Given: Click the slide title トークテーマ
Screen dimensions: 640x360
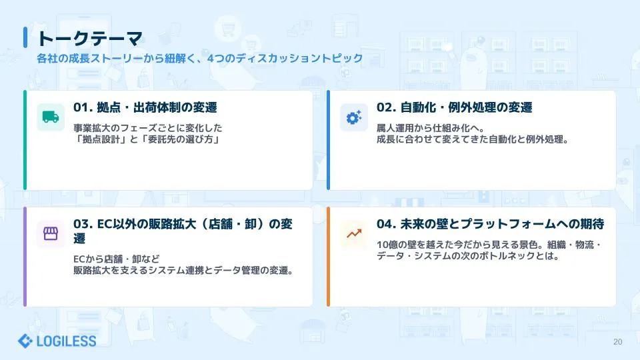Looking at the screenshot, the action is (90, 39).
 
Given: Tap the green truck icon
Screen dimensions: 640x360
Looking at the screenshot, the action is (51, 117).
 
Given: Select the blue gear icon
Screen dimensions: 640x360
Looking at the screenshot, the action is (354, 117).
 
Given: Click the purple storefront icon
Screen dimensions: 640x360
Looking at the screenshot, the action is (51, 233).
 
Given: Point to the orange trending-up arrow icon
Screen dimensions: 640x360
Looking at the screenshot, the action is (354, 233).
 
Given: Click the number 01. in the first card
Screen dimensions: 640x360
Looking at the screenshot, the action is (83, 107).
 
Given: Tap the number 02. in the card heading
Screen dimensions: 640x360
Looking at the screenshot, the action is (386, 107).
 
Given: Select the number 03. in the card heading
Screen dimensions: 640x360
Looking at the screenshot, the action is (83, 224).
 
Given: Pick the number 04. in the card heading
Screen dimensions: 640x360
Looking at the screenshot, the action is (386, 224).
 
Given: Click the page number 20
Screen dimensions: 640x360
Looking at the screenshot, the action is (617, 342).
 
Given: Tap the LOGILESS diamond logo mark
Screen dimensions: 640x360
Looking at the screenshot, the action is (25, 341).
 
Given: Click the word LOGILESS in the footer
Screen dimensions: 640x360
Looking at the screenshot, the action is (66, 341).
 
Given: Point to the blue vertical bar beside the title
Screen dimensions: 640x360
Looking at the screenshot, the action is (25, 37).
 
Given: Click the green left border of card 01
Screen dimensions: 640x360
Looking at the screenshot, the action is (25, 140).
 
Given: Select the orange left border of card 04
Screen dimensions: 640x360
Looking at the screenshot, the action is (328, 257).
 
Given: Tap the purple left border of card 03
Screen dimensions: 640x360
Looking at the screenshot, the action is (25, 257).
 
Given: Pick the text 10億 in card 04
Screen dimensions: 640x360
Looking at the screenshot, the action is (386, 245).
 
